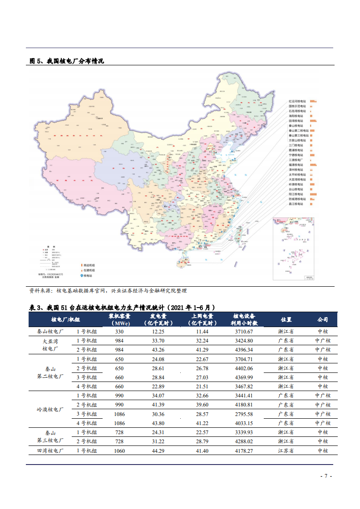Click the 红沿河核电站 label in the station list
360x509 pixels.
click(297, 101)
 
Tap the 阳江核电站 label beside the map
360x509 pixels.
click(297, 194)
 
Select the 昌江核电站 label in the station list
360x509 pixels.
click(297, 204)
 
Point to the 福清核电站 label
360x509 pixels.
click(297, 165)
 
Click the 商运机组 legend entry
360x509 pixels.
click(89, 265)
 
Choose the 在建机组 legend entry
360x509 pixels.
click(89, 270)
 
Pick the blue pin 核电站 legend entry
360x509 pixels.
click(89, 275)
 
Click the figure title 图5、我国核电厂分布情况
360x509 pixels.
click(67, 61)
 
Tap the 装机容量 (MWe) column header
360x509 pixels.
click(120, 319)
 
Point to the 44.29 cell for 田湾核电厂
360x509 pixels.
click(158, 450)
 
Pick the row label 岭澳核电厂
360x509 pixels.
click(50, 409)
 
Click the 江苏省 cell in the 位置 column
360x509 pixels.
click(286, 450)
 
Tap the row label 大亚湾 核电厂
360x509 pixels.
click(50, 345)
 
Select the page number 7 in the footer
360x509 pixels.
click(324, 476)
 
